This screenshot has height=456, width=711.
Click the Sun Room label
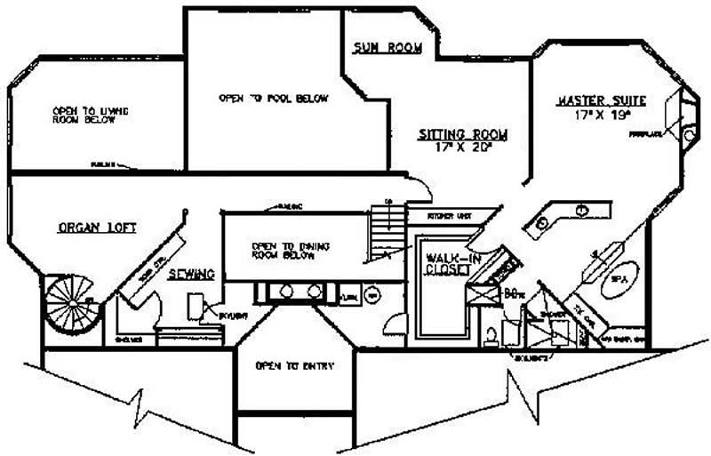(x=387, y=48)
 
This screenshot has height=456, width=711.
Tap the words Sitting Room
(x=463, y=135)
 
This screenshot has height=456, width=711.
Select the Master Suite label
(x=601, y=100)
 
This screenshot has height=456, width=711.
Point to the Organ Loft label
(x=97, y=228)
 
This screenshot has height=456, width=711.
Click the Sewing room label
(x=191, y=276)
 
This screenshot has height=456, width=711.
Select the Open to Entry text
(x=282, y=365)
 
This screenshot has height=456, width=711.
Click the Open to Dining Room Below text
(x=283, y=251)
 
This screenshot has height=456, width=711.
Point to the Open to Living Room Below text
(x=90, y=116)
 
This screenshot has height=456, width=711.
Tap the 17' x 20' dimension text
(x=463, y=148)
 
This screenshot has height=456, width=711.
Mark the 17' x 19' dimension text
(x=601, y=114)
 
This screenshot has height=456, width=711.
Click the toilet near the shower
(x=491, y=336)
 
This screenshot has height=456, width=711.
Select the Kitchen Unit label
(x=447, y=216)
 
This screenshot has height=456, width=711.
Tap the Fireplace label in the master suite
(x=646, y=134)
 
